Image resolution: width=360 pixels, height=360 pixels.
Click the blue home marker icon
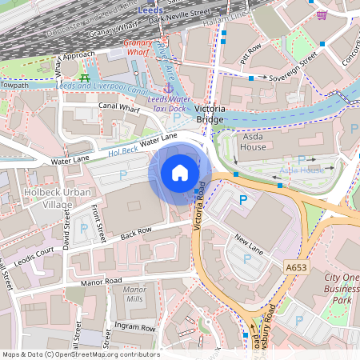[x=180, y=173]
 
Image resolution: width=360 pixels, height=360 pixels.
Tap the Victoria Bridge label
[x=205, y=113]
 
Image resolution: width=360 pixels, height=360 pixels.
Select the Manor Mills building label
[x=134, y=294]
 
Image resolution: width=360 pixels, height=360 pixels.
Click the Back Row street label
[x=135, y=231]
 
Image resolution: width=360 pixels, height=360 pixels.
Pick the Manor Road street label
[x=101, y=282]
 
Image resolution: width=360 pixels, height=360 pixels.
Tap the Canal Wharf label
[x=119, y=106]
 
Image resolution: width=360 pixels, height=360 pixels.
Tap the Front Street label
[x=98, y=222]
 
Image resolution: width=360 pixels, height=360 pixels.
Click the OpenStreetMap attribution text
[x=80, y=354]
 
